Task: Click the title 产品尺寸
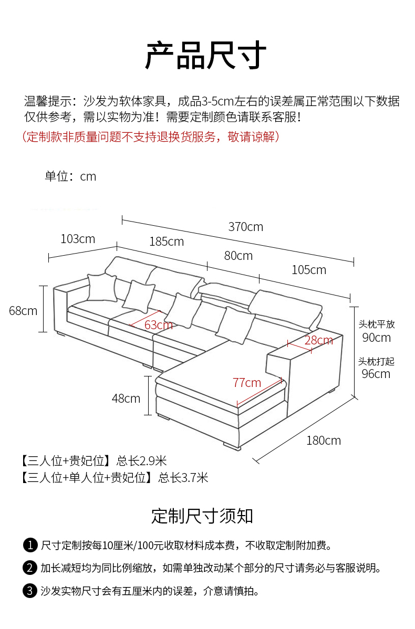205,55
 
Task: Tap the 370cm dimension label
246,227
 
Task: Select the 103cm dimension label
78,239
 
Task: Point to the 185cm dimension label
167,242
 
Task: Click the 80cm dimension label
238,256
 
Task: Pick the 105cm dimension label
309,269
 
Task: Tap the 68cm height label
23,310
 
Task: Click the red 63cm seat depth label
159,325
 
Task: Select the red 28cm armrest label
319,341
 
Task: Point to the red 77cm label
247,383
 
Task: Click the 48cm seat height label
126,399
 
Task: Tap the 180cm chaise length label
324,441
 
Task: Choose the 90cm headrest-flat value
377,338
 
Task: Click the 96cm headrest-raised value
376,374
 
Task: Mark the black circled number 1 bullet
30,545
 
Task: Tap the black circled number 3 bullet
30,591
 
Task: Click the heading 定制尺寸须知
202,516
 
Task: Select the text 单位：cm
70,176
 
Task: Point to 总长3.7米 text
183,477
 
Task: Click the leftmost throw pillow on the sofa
102,287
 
